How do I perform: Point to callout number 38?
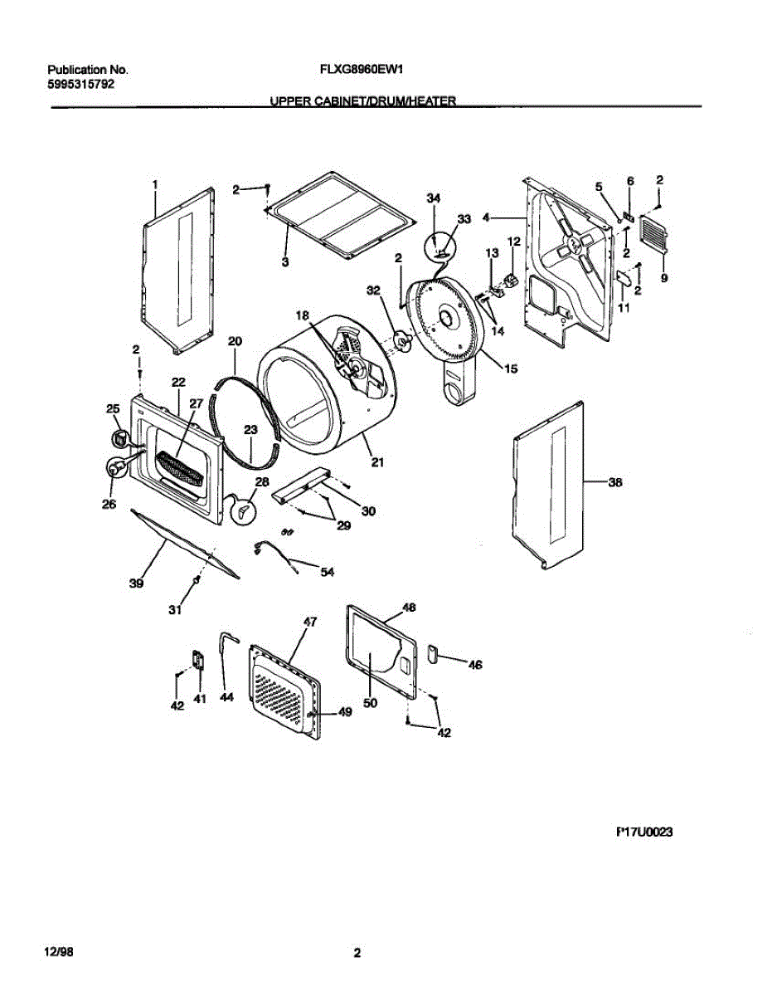point(614,481)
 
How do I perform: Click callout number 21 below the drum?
point(377,463)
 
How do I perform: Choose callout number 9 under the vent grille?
point(664,278)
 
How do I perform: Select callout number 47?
point(310,621)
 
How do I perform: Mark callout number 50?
point(370,702)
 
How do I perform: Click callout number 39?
point(136,583)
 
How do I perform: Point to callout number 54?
point(327,573)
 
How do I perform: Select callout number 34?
point(433,198)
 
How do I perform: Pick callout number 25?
point(113,408)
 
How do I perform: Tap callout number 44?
point(226,699)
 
